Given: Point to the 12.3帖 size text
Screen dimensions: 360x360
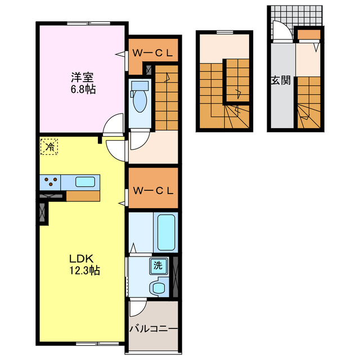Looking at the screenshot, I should pyautogui.click(x=84, y=270).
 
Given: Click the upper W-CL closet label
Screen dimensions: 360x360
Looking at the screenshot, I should pyautogui.click(x=152, y=53).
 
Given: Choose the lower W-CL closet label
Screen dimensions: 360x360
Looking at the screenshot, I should pyautogui.click(x=152, y=190).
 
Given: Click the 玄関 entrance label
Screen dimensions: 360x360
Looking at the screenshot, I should pyautogui.click(x=281, y=80).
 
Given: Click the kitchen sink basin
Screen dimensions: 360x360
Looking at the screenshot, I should pyautogui.click(x=86, y=182).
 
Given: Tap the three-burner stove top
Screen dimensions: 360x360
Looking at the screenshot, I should pyautogui.click(x=51, y=182).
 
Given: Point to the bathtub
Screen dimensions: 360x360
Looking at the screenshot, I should pyautogui.click(x=167, y=232).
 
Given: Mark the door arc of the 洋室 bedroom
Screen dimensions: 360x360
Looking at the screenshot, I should pyautogui.click(x=115, y=122).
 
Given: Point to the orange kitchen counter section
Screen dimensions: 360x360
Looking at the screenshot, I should pyautogui.click(x=82, y=196).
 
